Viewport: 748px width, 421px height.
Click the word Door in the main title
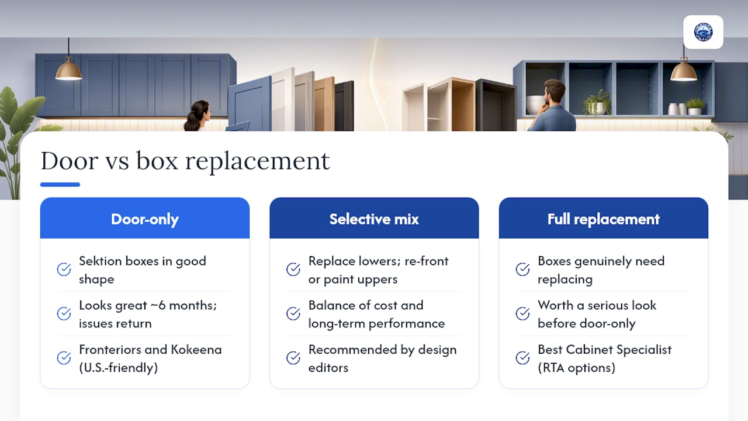(70, 161)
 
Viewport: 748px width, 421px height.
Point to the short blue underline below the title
(60, 184)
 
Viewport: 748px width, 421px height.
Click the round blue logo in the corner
(703, 32)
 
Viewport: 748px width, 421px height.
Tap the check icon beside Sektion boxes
(64, 270)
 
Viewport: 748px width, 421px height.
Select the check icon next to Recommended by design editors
(293, 358)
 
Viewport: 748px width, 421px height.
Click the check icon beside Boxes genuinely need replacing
(522, 270)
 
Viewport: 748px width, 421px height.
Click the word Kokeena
(196, 350)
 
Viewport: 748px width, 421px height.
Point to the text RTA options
(577, 368)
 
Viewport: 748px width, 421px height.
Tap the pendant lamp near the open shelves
(684, 70)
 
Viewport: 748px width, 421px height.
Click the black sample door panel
(344, 106)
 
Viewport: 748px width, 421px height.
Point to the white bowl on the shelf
(535, 105)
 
